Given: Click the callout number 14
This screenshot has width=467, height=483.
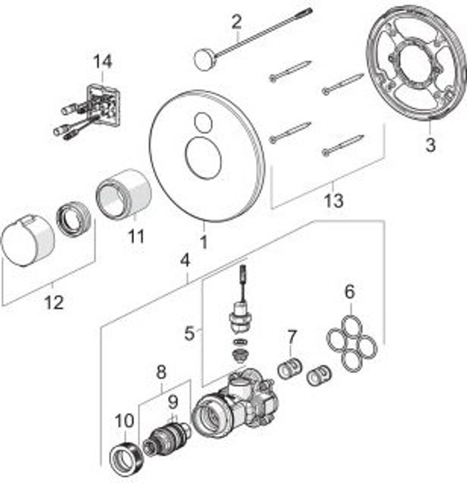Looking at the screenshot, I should pyautogui.click(x=102, y=62).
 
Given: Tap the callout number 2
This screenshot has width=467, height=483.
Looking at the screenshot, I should pyautogui.click(x=237, y=21).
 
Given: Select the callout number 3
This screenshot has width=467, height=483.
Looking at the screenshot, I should pyautogui.click(x=430, y=145).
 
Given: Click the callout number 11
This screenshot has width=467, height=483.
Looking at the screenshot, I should pyautogui.click(x=136, y=236).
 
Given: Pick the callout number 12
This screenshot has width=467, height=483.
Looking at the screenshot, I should pyautogui.click(x=53, y=303).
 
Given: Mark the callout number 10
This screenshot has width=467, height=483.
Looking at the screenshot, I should pyautogui.click(x=125, y=420).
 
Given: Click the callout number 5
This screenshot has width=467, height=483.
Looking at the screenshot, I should pyautogui.click(x=189, y=333).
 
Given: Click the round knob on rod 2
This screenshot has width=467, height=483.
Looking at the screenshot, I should pyautogui.click(x=204, y=61).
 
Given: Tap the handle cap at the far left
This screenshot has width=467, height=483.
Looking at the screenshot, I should pyautogui.click(x=27, y=240).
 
